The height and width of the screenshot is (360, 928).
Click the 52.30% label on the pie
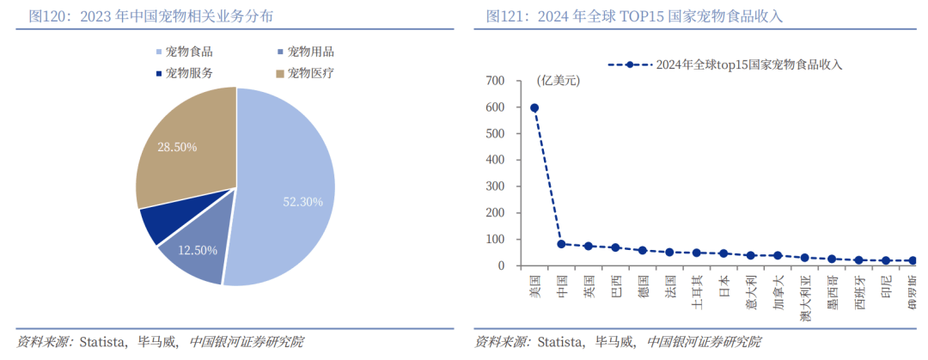[x=302, y=202]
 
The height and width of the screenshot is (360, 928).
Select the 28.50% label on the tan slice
[x=177, y=147]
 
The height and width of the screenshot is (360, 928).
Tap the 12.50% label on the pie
[x=198, y=250]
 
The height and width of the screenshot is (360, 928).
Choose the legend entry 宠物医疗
[x=310, y=73]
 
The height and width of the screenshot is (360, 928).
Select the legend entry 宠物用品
[x=310, y=52]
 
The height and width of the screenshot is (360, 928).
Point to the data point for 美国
[x=534, y=108]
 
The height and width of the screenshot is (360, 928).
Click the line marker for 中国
[x=561, y=244]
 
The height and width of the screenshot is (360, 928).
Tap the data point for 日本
[x=723, y=253]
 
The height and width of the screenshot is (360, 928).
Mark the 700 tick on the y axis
[x=496, y=81]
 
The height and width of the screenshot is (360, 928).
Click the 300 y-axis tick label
[x=496, y=186]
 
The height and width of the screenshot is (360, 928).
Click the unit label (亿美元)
[x=559, y=81]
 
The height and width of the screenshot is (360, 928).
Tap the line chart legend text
[x=748, y=64]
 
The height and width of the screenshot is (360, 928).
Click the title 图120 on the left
[x=154, y=16]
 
